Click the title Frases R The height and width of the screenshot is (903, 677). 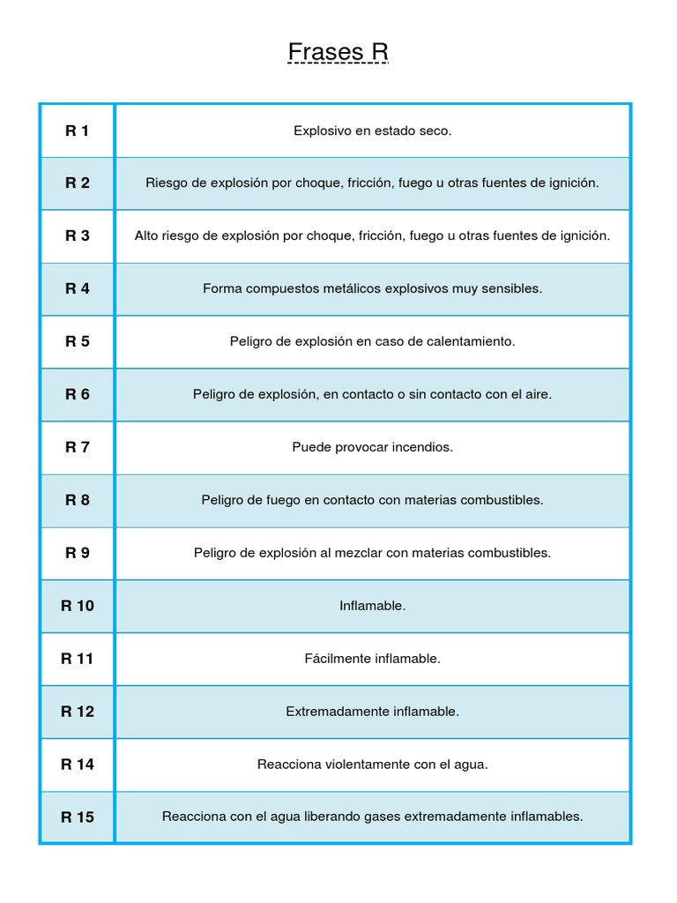pyautogui.click(x=338, y=53)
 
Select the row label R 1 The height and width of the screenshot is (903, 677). pyautogui.click(x=78, y=131)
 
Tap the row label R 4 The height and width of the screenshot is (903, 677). pyautogui.click(x=78, y=288)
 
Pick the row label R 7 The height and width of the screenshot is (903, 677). pyautogui.click(x=78, y=447)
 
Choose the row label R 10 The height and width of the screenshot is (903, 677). pyautogui.click(x=78, y=606)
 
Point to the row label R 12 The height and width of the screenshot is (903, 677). pyautogui.click(x=78, y=712)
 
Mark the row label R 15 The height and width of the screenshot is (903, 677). pyautogui.click(x=78, y=817)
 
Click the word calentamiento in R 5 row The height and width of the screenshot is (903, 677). pyautogui.click(x=472, y=341)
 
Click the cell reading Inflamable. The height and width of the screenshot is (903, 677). pyautogui.click(x=373, y=606)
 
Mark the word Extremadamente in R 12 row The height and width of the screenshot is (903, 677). pyautogui.click(x=330, y=712)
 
